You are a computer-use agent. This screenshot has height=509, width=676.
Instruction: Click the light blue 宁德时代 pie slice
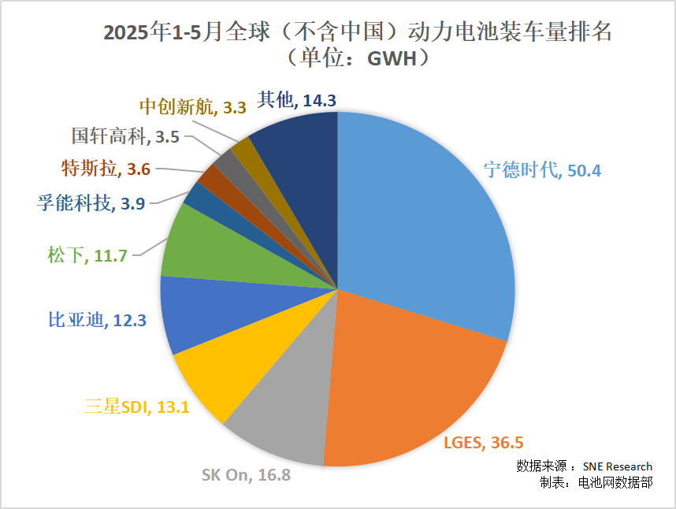(x=425, y=221)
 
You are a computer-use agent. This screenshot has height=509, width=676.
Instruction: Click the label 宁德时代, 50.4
(x=543, y=169)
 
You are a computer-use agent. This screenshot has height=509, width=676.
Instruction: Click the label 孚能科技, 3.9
(x=90, y=203)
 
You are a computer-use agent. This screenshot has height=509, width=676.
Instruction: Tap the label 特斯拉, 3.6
(x=106, y=168)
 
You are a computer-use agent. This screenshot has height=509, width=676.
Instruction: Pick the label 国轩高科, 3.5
(x=125, y=136)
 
